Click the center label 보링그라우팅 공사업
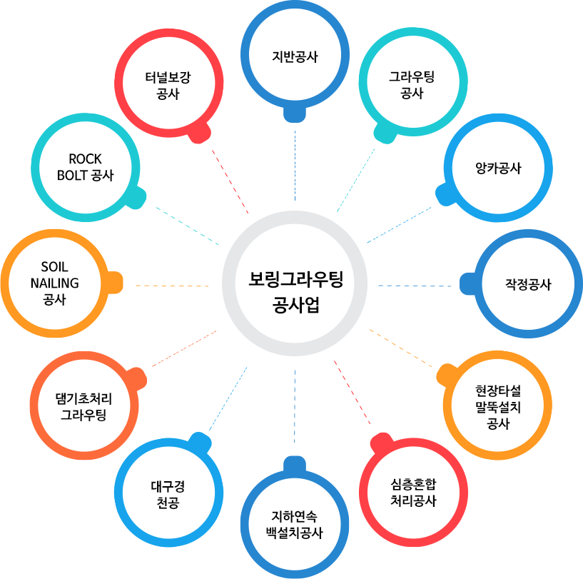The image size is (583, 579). (x=295, y=292)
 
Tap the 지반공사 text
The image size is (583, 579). (x=295, y=57)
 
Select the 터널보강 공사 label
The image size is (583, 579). (x=168, y=86)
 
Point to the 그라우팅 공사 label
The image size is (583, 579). (x=412, y=85)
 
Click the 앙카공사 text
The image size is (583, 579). (x=498, y=168)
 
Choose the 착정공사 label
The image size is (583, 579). (x=528, y=284)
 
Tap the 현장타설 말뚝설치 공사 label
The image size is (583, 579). (x=498, y=407)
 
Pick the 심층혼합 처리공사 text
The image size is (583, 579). (x=413, y=493)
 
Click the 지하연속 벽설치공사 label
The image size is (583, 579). (x=295, y=525)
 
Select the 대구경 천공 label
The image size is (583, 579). (x=168, y=494)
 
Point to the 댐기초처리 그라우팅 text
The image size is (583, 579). (x=83, y=406)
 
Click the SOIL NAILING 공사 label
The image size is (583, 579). (x=55, y=283)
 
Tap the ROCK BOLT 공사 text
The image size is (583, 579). (x=85, y=167)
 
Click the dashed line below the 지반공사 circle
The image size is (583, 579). (x=295, y=166)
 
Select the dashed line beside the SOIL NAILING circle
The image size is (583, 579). (x=172, y=286)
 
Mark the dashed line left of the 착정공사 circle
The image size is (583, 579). (x=415, y=286)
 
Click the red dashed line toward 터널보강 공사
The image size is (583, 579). (x=230, y=181)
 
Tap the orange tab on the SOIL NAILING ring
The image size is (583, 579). (x=116, y=283)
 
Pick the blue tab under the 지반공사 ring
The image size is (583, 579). (x=295, y=114)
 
